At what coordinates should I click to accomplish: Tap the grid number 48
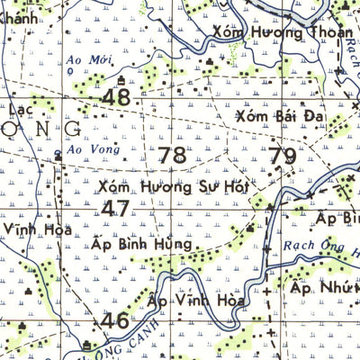116,97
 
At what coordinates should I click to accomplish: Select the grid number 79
282,157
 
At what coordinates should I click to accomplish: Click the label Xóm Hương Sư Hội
173,188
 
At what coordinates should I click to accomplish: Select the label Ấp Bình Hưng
143,244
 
